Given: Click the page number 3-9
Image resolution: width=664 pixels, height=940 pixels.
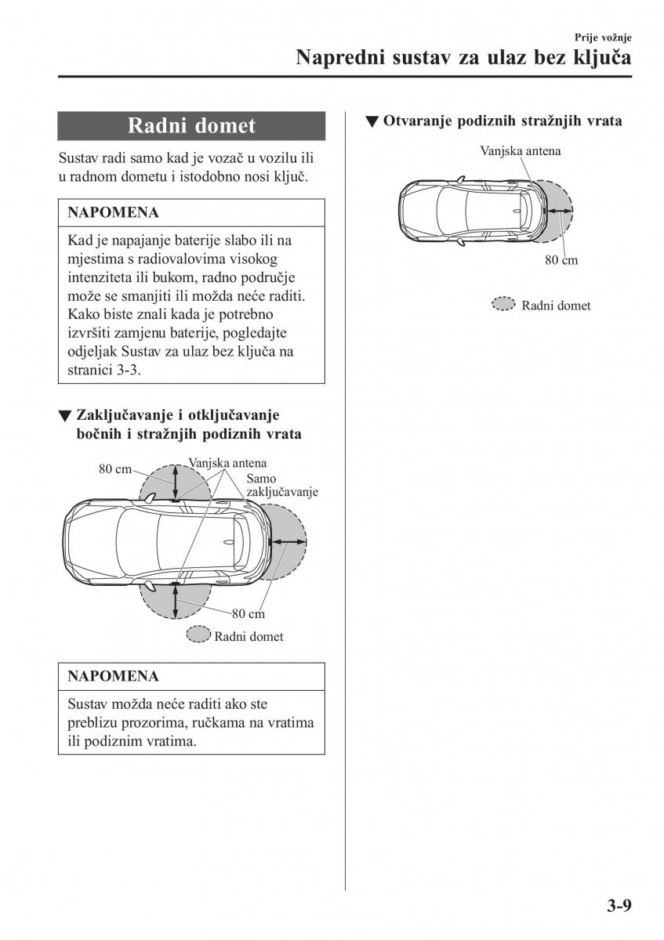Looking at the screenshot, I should [x=618, y=906].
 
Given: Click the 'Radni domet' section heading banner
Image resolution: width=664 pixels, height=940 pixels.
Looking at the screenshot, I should [x=191, y=126].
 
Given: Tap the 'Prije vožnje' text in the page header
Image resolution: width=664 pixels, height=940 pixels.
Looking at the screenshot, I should [x=603, y=37].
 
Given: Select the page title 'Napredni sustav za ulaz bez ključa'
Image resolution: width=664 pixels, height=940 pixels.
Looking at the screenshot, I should [x=463, y=58].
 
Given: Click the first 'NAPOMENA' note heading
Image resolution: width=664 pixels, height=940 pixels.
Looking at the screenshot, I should [x=113, y=212].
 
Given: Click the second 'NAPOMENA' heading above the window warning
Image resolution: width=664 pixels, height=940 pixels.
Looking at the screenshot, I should [x=113, y=676].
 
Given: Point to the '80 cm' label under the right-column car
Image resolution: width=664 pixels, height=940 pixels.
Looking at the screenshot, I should [x=561, y=260].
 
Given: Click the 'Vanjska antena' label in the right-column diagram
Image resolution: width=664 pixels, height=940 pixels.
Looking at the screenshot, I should [x=521, y=150].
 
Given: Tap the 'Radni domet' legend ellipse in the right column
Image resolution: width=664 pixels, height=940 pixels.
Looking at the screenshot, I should [x=503, y=305].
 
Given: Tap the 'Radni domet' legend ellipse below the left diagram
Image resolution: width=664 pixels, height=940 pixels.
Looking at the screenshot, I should [x=198, y=635].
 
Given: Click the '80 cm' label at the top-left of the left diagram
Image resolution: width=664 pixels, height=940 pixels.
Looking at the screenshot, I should [x=114, y=469].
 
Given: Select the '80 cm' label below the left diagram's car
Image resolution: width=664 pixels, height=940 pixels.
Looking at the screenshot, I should [x=248, y=614].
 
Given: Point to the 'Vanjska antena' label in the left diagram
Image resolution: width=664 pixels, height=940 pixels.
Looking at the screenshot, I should [x=227, y=463].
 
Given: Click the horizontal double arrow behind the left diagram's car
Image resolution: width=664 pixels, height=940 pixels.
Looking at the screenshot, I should [x=287, y=542].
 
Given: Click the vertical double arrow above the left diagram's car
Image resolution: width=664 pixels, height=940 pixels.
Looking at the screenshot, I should [x=176, y=480].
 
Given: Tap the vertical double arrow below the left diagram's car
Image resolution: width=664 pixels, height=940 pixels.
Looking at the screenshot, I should [x=176, y=602].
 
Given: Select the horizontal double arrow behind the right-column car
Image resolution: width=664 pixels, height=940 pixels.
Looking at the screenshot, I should [x=560, y=211].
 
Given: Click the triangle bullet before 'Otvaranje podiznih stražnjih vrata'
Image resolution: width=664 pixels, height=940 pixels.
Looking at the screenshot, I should [x=372, y=122].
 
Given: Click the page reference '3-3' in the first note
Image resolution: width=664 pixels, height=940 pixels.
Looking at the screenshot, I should [x=129, y=370].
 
